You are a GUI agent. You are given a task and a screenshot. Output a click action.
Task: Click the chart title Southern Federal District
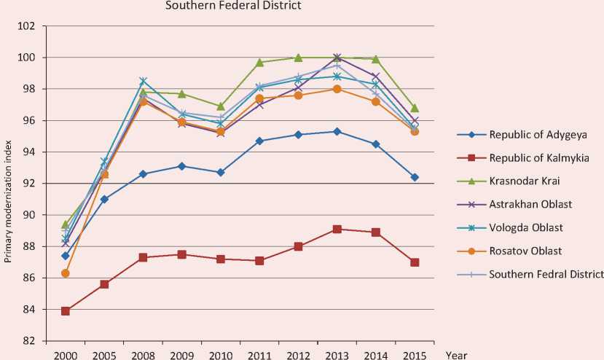tap(233, 7)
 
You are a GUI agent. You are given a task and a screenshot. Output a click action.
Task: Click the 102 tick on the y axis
tap(26, 26)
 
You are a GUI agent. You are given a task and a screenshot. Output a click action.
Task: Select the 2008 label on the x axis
tap(143, 354)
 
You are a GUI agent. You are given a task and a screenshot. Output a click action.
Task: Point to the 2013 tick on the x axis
tap(337, 354)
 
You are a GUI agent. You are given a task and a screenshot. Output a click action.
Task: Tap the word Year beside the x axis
tap(456, 355)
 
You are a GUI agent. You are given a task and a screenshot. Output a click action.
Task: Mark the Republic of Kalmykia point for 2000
tap(66, 310)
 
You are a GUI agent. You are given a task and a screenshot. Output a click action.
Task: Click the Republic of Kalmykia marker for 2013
tap(337, 229)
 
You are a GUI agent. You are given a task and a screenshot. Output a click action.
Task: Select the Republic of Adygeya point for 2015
tap(415, 177)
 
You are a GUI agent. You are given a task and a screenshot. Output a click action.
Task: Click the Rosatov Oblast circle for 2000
tap(66, 273)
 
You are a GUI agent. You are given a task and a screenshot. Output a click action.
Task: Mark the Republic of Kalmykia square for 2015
tap(415, 262)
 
